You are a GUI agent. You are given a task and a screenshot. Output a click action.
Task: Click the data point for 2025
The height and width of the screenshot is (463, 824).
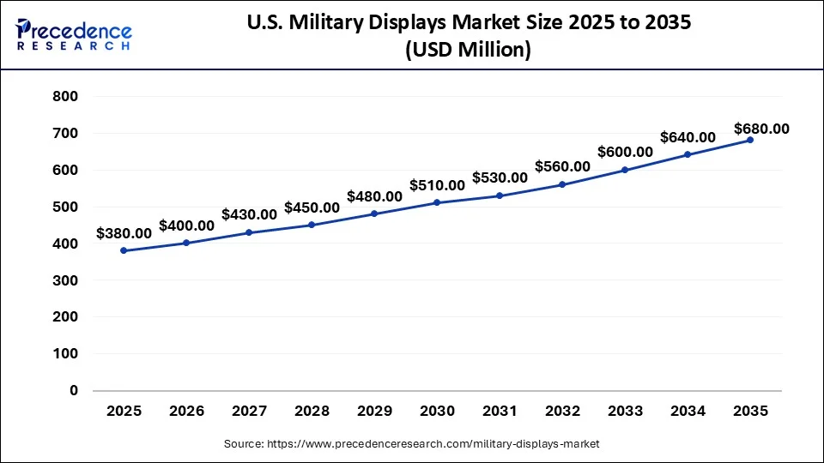(x=124, y=250)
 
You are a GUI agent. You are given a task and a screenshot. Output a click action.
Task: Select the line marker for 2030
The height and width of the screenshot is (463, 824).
(x=437, y=202)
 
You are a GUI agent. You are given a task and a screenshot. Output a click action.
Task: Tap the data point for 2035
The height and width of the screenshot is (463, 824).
(x=750, y=140)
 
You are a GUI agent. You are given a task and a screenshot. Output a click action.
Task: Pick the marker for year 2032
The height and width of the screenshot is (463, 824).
(x=562, y=184)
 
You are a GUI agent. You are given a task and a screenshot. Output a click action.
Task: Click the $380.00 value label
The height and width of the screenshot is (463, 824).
(x=124, y=232)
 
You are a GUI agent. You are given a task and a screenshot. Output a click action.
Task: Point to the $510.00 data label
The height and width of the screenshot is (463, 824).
(x=437, y=184)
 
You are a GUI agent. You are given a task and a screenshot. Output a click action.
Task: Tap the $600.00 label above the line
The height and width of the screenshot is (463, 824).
(x=625, y=152)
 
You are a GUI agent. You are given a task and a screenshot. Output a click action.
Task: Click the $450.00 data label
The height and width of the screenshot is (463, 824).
(x=312, y=207)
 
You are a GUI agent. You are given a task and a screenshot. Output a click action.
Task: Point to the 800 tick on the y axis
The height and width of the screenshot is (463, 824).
(x=66, y=97)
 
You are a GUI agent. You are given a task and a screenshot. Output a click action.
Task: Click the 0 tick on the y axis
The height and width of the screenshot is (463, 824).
(x=74, y=390)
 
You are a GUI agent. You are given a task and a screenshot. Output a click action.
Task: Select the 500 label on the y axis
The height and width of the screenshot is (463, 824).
(x=66, y=207)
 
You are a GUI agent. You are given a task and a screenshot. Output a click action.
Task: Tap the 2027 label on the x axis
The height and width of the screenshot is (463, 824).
(x=249, y=412)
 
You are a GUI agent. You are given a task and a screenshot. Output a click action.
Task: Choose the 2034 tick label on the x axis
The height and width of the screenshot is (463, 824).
(x=688, y=412)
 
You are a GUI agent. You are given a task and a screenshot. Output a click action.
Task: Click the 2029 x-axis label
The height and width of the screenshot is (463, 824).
(x=374, y=412)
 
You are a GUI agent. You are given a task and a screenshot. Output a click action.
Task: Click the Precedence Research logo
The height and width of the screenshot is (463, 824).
(x=74, y=34)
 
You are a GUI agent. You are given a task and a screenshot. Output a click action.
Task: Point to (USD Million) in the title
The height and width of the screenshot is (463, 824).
(x=468, y=51)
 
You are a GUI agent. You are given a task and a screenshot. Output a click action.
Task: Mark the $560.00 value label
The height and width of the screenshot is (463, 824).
(x=562, y=166)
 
